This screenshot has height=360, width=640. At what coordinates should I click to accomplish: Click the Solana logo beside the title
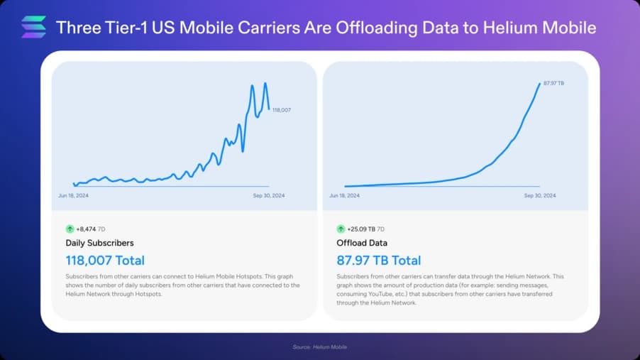click(x=33, y=27)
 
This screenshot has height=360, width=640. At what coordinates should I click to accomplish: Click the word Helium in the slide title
click(x=494, y=28)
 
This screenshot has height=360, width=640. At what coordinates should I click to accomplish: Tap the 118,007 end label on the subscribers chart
click(x=282, y=110)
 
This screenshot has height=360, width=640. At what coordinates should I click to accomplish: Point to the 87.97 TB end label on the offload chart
click(x=553, y=84)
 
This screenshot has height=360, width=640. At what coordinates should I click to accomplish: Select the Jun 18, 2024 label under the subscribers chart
click(x=73, y=195)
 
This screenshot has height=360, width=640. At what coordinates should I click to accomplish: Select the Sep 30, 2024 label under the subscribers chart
click(x=269, y=195)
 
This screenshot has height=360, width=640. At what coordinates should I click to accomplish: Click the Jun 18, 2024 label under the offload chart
click(x=344, y=195)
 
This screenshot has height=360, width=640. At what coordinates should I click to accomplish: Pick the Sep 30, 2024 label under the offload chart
click(x=540, y=195)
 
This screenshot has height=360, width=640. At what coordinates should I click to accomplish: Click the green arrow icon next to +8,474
click(x=70, y=229)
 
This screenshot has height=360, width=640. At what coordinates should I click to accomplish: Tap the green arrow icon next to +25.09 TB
click(x=341, y=229)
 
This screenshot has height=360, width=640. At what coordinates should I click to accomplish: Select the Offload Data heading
click(x=361, y=244)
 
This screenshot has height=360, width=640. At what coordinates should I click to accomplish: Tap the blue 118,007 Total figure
click(x=105, y=261)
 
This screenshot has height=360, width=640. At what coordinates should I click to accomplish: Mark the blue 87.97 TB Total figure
click(x=379, y=261)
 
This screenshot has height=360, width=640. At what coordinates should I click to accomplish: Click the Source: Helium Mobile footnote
click(x=320, y=347)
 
